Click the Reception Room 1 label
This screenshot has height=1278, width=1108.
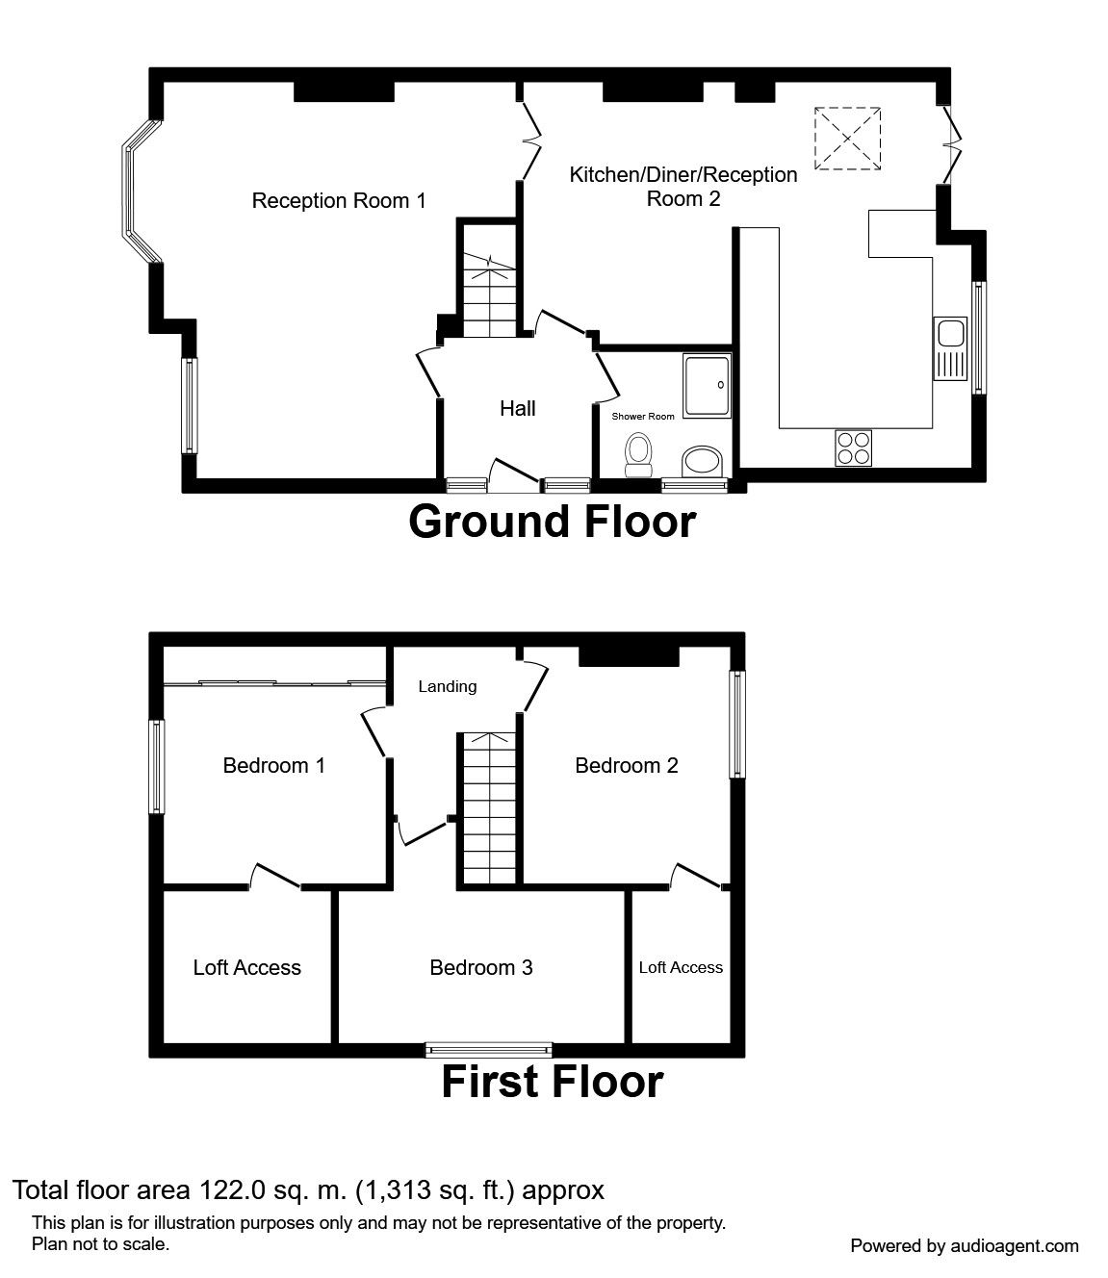coord(339,200)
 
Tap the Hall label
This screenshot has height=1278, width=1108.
coord(518,408)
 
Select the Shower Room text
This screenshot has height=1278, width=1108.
coord(643,416)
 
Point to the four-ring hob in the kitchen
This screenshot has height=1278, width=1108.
coord(853,448)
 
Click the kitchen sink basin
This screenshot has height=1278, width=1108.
coord(950,334)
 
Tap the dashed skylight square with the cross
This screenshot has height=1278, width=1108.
coord(847,138)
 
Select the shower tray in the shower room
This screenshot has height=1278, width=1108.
coord(708,386)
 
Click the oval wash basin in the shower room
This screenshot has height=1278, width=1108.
coord(702,462)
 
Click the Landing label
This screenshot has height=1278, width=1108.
coord(448,686)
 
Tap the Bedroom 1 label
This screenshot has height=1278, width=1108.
coord(273,765)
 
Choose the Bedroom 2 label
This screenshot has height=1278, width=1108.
coord(626,765)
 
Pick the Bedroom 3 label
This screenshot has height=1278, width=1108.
coord(480,967)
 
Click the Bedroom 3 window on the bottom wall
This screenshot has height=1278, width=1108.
coord(489,1049)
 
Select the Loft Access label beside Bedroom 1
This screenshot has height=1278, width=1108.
coord(246,967)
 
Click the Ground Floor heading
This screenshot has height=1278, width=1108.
coord(553,522)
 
